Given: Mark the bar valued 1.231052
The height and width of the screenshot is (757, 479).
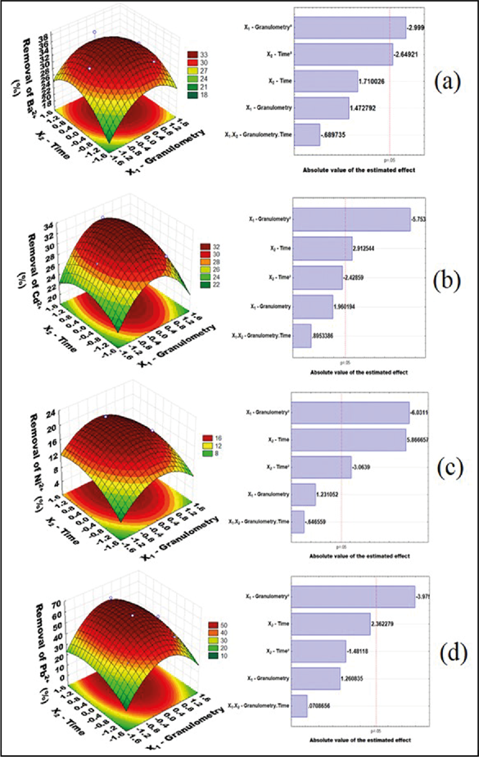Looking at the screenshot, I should point(304,494).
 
